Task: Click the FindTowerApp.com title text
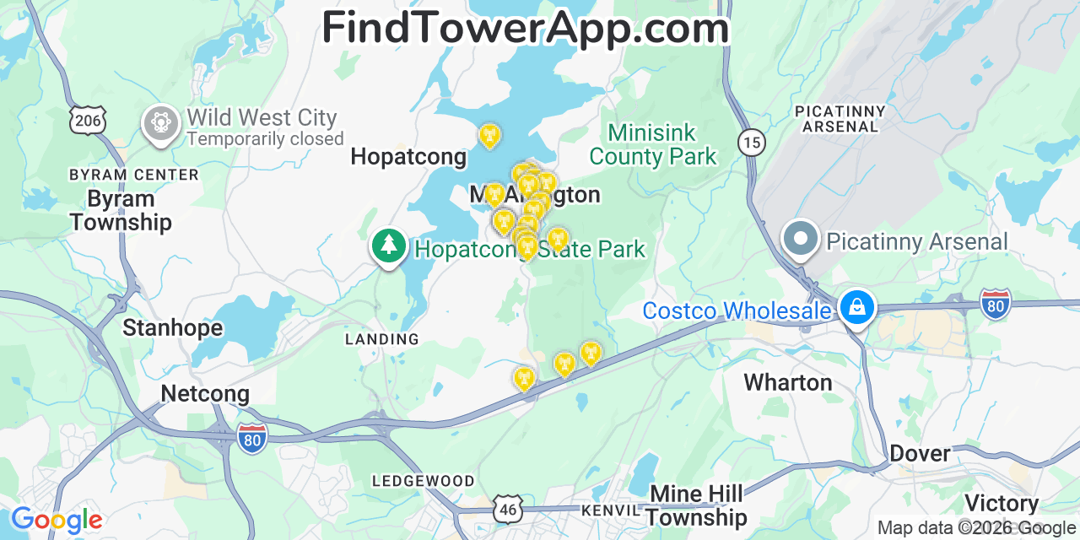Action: pos(525,29)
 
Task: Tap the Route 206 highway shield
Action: pos(88,121)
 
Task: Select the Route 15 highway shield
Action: pos(751,143)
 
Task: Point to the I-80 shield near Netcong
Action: pos(252,439)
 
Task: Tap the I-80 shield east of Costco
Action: pos(996,304)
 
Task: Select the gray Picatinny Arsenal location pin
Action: pos(800,238)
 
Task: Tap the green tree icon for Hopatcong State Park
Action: pos(388,246)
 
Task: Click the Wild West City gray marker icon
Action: pos(160,123)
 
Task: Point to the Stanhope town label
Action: pos(173,327)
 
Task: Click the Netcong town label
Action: pos(205,393)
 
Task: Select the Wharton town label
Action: pos(787,382)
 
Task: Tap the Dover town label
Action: pos(920,453)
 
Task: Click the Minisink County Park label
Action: pos(652,144)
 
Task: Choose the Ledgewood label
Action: pos(423,481)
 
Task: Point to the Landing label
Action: pos(381,339)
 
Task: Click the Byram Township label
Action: pos(121,211)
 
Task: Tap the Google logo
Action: pos(57,520)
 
